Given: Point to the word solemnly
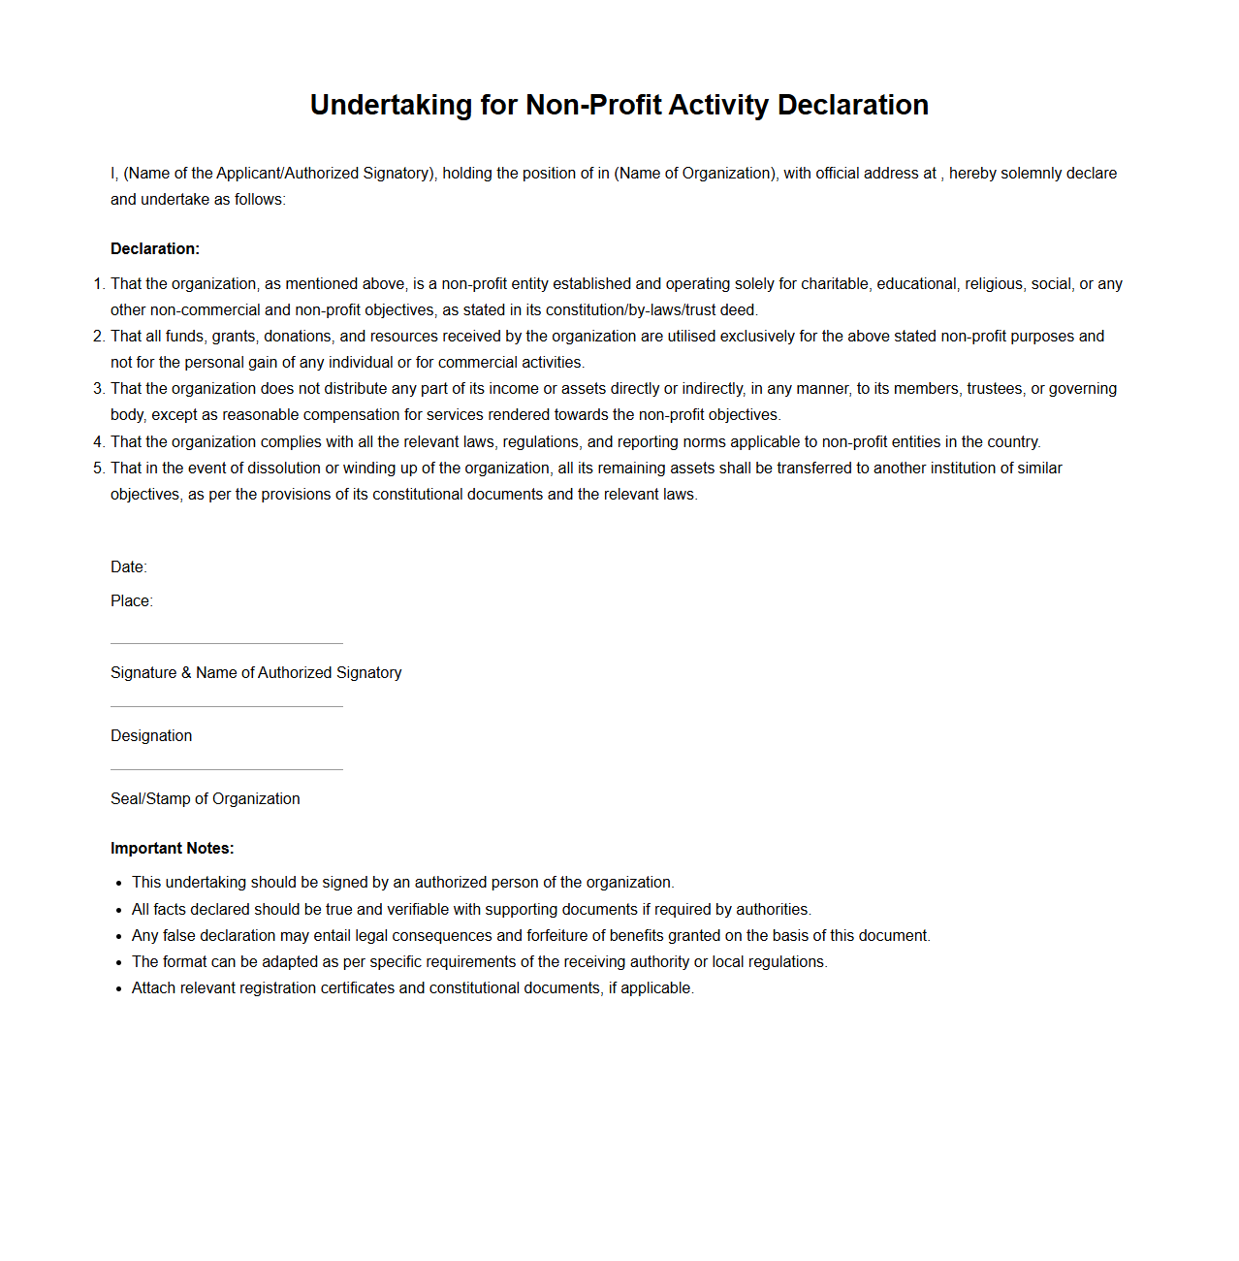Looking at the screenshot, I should [x=1032, y=174].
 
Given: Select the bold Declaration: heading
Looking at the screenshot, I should [x=155, y=249].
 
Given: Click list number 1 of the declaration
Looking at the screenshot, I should [x=98, y=284].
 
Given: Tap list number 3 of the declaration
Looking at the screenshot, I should [x=98, y=389].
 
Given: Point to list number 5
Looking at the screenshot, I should [x=98, y=469].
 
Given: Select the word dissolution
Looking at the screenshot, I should [x=284, y=469].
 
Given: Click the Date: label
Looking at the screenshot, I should [x=129, y=567].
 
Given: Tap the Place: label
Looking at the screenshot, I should [x=132, y=601].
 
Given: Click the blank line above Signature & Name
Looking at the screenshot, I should [x=227, y=643].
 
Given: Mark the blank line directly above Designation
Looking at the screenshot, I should [x=227, y=706].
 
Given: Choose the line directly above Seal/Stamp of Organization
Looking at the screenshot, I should [x=227, y=769].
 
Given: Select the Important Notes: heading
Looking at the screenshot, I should [x=173, y=849].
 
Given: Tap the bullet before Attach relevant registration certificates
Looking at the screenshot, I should [x=118, y=989].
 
